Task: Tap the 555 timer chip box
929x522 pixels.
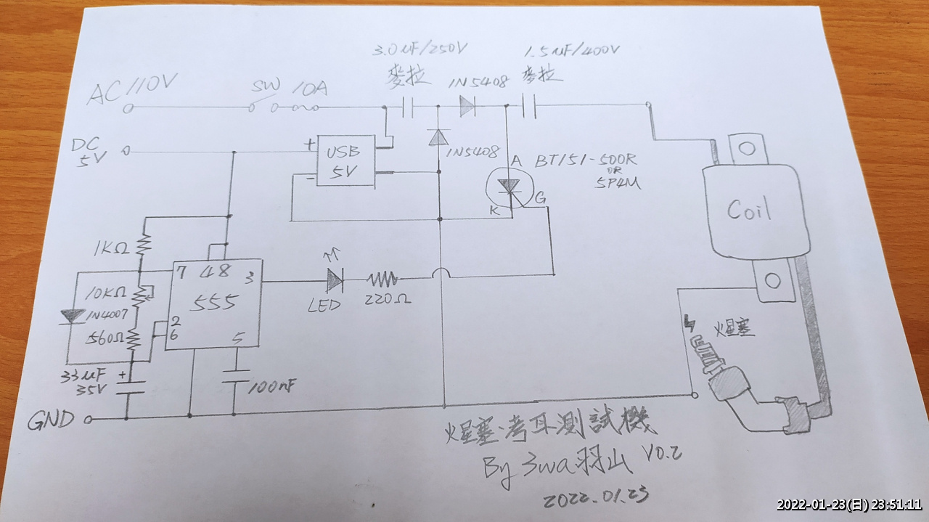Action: pyautogui.click(x=213, y=303)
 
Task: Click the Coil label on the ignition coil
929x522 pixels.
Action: pyautogui.click(x=750, y=209)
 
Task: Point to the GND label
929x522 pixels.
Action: pyautogui.click(x=50, y=420)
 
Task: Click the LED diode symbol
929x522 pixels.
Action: pyautogui.click(x=335, y=279)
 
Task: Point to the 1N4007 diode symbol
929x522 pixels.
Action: pyautogui.click(x=73, y=316)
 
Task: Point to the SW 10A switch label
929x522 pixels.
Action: pyautogui.click(x=290, y=89)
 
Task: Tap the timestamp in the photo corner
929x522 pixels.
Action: pyautogui.click(x=849, y=505)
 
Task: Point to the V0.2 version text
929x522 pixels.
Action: pyautogui.click(x=662, y=454)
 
